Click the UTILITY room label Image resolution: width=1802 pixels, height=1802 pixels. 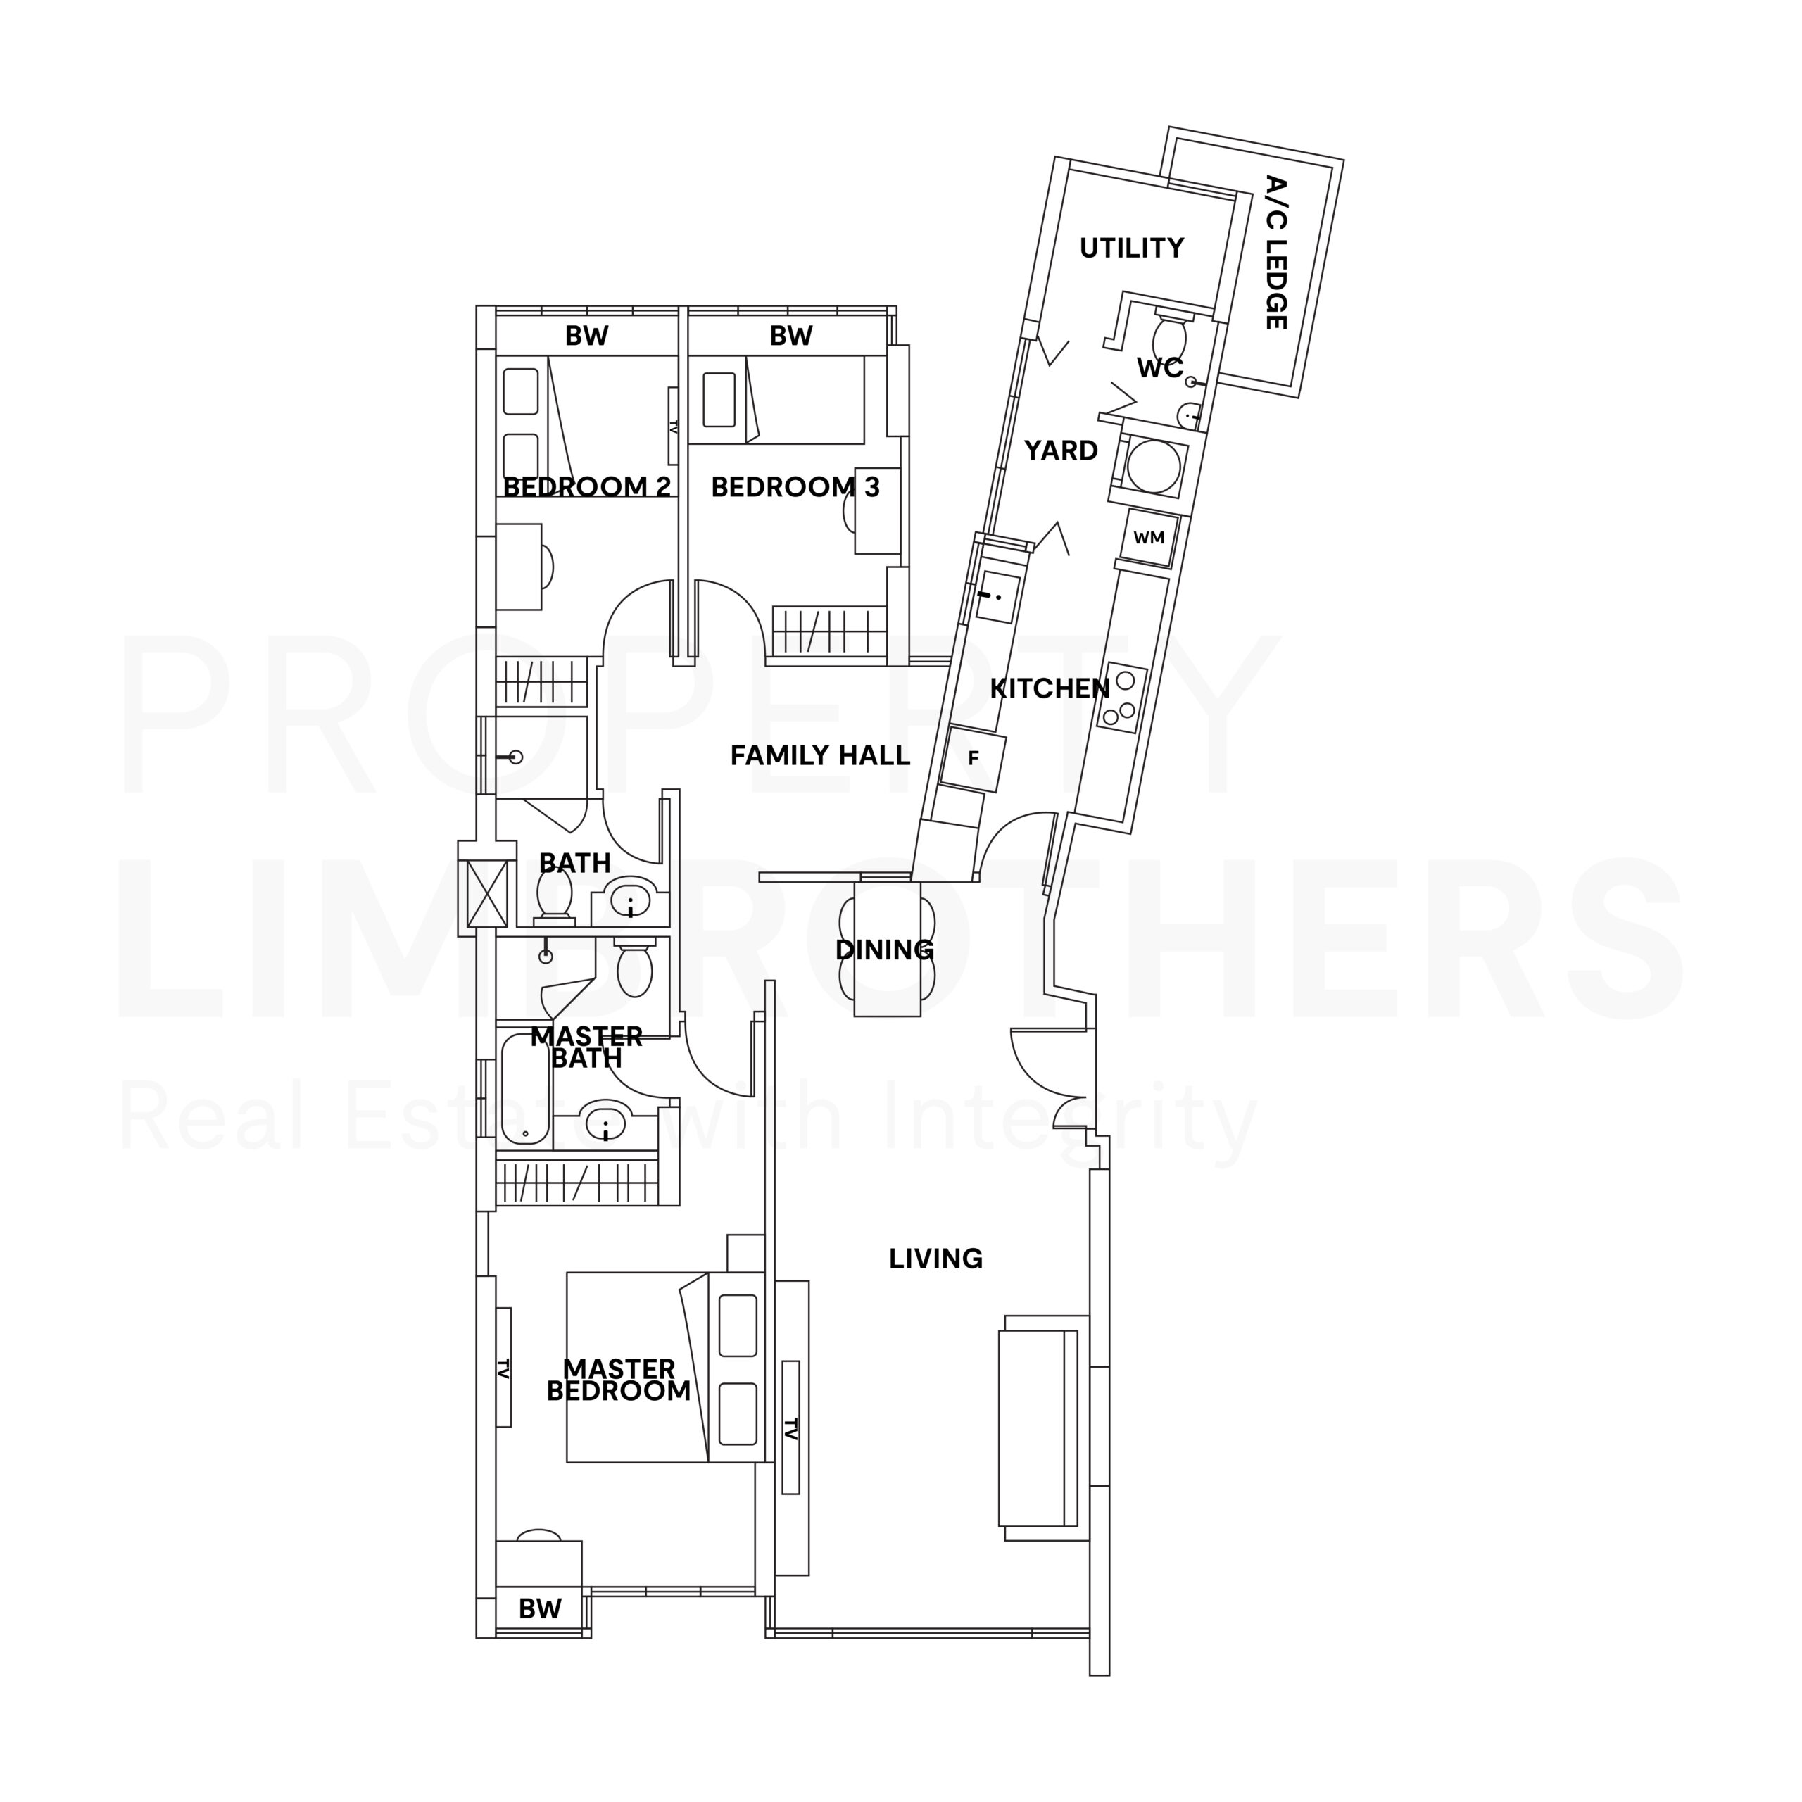1131,248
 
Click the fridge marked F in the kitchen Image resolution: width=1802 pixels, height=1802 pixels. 973,758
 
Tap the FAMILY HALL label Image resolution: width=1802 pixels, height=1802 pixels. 820,755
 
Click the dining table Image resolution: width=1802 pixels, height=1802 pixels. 886,950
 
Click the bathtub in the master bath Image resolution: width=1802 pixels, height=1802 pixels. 526,1088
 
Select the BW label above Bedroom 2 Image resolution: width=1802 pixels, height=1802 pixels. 586,336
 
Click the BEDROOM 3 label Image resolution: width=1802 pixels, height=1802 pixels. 795,487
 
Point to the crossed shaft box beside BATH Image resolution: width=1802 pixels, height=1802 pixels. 487,893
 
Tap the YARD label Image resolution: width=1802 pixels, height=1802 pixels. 1061,451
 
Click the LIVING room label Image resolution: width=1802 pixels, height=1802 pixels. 935,1259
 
